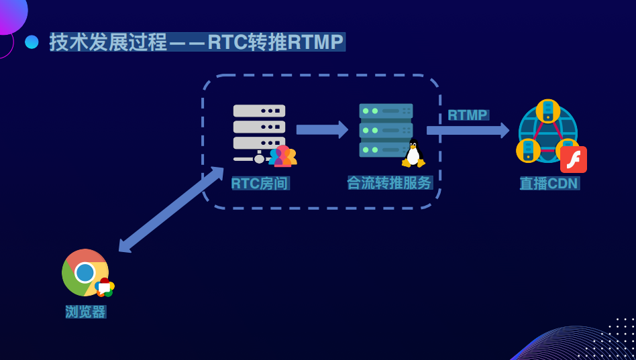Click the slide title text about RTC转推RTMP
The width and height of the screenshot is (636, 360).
[x=197, y=42]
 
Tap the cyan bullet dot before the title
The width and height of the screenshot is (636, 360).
[x=32, y=42]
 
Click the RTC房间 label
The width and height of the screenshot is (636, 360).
[x=260, y=183]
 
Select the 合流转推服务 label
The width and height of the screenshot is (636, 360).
[x=390, y=183]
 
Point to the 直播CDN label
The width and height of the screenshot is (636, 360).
[x=549, y=183]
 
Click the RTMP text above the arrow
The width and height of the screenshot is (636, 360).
[x=468, y=115]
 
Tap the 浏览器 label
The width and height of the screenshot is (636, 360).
[x=86, y=312]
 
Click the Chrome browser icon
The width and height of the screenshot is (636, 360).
[x=85, y=272]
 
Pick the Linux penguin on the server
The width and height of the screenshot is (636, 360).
[x=413, y=154]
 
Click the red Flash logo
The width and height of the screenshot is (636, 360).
[x=574, y=160]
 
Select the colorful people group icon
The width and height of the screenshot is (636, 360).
[x=282, y=156]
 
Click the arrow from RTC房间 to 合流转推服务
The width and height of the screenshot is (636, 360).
[x=322, y=129]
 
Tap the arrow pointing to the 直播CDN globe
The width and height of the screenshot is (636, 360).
[x=468, y=130]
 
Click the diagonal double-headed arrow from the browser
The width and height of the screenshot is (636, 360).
[x=171, y=210]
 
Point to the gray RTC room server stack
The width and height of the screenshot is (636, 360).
[x=259, y=134]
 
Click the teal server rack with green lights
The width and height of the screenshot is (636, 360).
[x=386, y=130]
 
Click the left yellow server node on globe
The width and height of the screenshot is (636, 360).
[x=528, y=150]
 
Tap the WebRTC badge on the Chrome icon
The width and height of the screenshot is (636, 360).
[x=105, y=287]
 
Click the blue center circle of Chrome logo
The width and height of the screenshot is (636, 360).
[x=85, y=272]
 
